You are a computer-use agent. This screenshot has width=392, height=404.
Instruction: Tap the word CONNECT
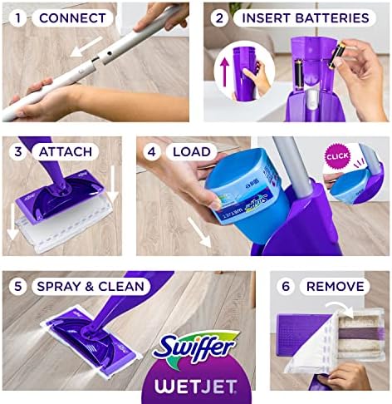[x=71, y=17]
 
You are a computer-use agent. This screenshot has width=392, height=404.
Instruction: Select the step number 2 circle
[x=221, y=17]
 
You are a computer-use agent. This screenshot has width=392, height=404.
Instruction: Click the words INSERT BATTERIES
[x=305, y=17]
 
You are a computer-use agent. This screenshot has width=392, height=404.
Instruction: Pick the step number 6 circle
[x=287, y=287]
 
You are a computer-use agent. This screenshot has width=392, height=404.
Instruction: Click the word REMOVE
[x=336, y=287]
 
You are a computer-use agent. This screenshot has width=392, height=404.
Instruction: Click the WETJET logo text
[x=199, y=384]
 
